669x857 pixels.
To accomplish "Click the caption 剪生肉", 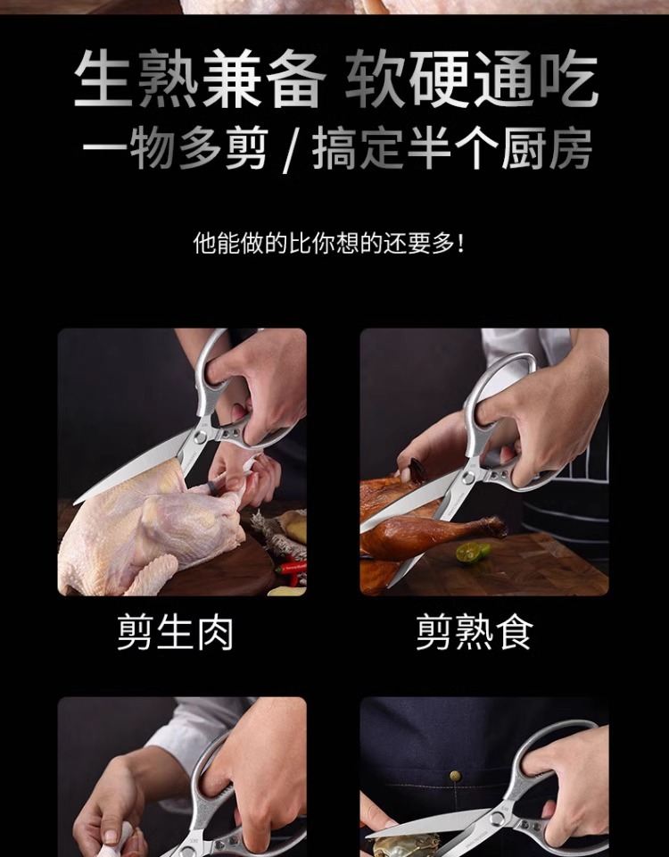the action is (175, 632).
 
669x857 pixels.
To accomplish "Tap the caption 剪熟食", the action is (474, 632).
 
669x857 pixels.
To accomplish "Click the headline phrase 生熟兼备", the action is (200, 79).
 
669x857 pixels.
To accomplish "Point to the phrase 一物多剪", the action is (176, 149).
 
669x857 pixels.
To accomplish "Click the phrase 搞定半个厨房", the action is (453, 149).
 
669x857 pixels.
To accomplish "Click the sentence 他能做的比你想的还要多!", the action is (329, 243).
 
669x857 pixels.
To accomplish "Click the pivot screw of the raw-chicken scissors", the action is (201, 437).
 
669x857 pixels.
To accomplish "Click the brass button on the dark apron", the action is (454, 776).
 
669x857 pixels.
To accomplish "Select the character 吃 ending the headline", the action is (569, 79).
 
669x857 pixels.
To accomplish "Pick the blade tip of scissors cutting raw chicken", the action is (75, 503).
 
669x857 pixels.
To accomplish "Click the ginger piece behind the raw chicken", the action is (293, 525).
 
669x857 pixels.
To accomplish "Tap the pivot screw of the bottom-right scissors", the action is (497, 819).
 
